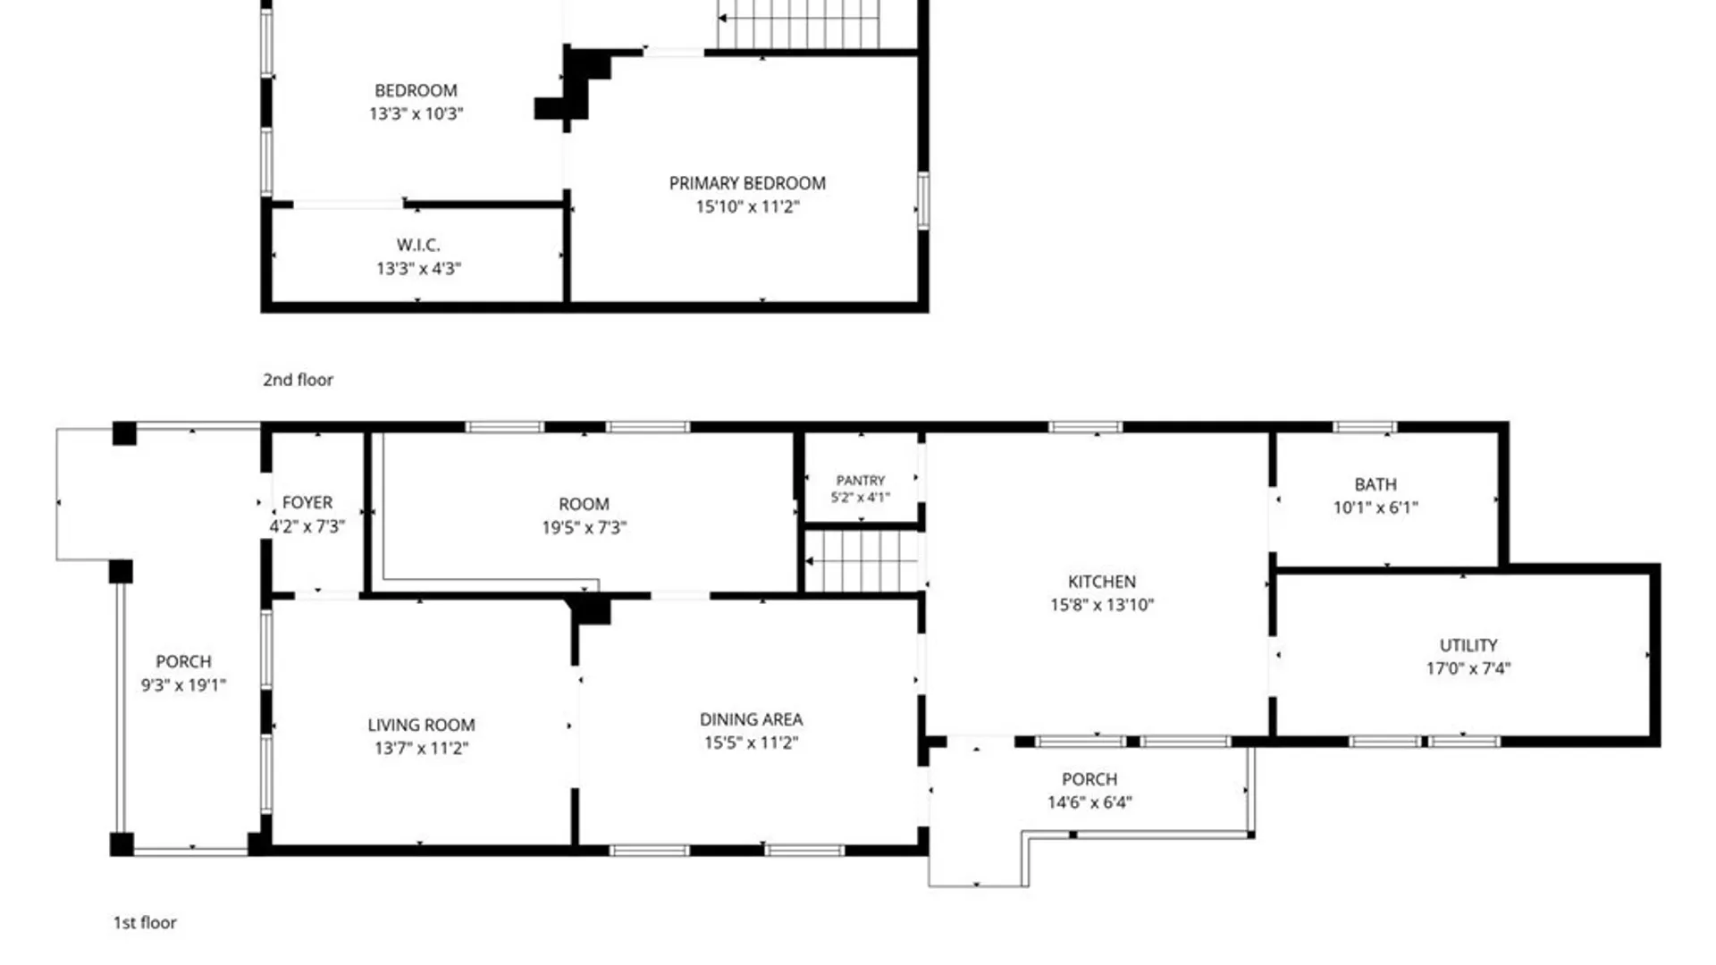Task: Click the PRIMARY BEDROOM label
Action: tap(747, 183)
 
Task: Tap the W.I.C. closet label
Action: tap(418, 245)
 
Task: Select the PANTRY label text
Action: tap(861, 481)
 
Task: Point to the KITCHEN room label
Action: tap(1102, 582)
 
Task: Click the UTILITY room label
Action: tap(1468, 645)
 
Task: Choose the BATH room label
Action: tap(1375, 484)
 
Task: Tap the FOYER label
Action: tap(307, 503)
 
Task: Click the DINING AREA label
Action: tap(751, 719)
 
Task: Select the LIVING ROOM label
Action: tap(421, 725)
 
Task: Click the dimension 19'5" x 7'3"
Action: tap(584, 527)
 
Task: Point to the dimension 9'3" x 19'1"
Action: tap(183, 685)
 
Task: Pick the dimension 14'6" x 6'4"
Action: tap(1089, 802)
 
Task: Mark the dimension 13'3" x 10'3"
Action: tap(416, 113)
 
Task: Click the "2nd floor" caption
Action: tap(298, 380)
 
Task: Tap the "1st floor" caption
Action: tap(145, 923)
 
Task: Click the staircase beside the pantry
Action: tap(862, 561)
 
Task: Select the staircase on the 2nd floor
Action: tap(798, 24)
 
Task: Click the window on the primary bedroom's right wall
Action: tap(923, 201)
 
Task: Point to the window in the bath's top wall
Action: tap(1364, 427)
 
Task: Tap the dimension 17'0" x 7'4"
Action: tap(1468, 668)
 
